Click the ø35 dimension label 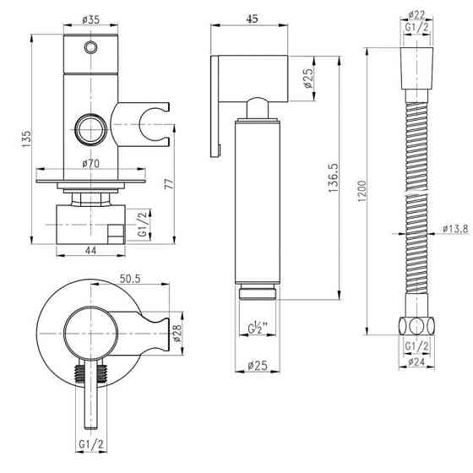tap(90, 20)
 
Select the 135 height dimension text tap(26, 139)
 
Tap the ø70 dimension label tap(91, 164)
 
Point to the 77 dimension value tap(169, 184)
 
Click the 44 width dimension tap(91, 250)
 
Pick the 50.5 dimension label tap(130, 279)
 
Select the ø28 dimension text tap(177, 334)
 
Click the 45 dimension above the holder tap(253, 19)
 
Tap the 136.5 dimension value tap(334, 178)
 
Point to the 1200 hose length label tap(362, 191)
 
